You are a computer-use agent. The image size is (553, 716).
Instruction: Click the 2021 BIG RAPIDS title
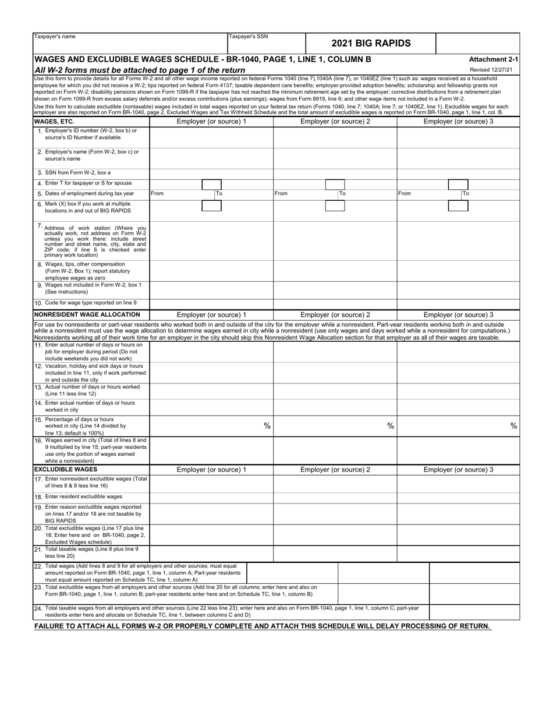pos(370,43)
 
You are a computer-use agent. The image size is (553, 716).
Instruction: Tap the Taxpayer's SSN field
pos(266,45)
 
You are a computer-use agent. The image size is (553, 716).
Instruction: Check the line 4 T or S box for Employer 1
pos(211,183)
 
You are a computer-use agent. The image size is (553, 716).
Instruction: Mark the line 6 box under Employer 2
pos(335,205)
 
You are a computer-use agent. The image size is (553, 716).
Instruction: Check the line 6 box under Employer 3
pos(458,205)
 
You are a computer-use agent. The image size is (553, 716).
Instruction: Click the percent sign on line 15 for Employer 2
pos(391,426)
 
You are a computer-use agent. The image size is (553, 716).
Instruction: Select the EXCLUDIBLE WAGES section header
pos(65,469)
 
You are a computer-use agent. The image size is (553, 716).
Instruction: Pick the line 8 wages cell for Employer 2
pos(335,271)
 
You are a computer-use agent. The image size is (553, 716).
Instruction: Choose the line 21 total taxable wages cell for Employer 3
pos(458,552)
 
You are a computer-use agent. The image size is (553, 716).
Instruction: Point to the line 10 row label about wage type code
pos(91,303)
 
